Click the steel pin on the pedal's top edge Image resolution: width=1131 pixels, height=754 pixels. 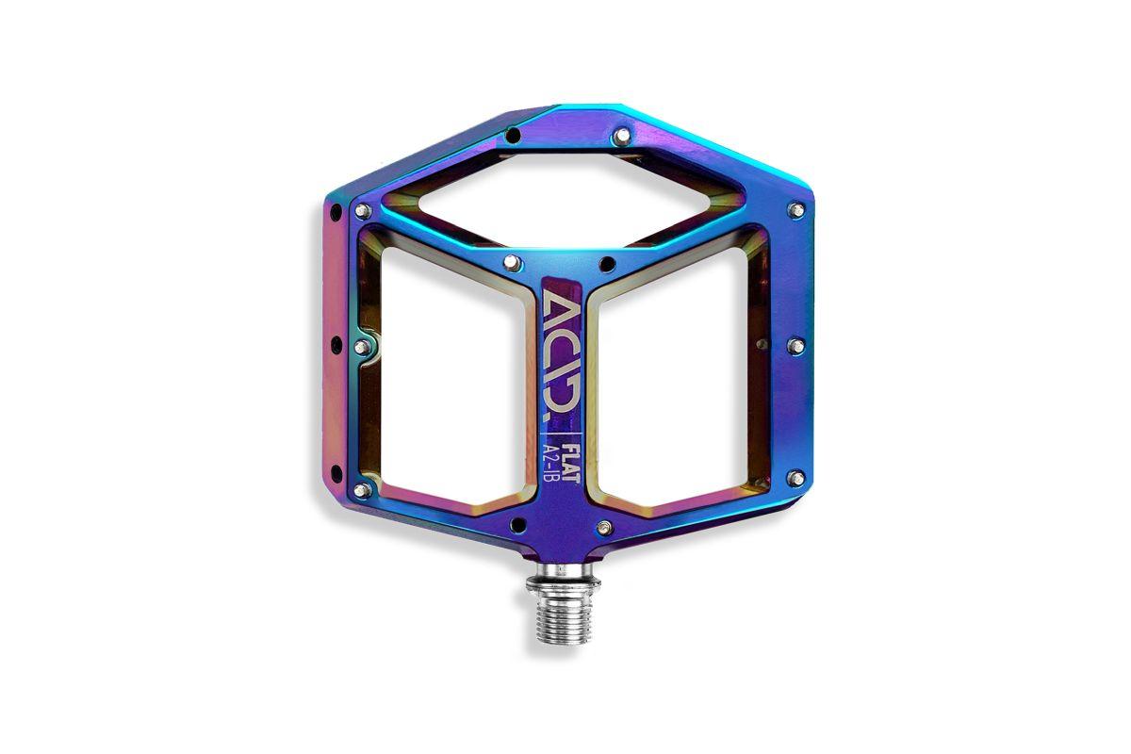(x=622, y=135)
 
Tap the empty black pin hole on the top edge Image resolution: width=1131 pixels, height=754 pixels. (x=513, y=135)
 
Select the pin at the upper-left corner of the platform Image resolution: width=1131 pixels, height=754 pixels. (x=362, y=210)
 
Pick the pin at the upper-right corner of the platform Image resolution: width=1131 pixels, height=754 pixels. (x=796, y=209)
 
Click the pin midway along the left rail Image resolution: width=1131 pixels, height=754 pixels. (x=362, y=347)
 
